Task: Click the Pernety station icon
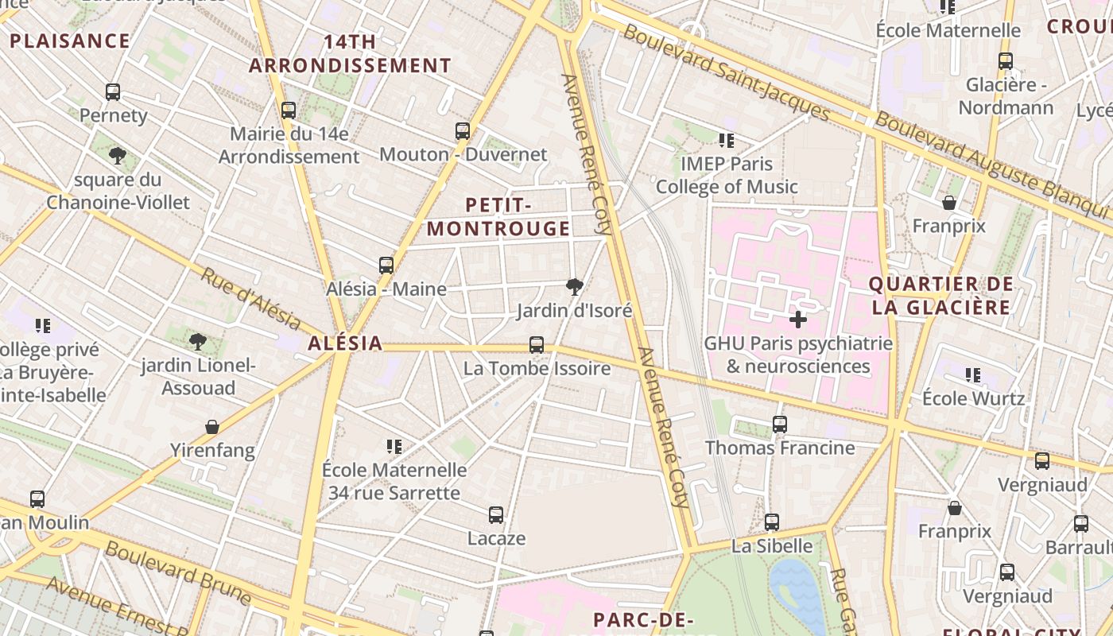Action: point(113,92)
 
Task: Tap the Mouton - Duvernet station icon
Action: point(463,131)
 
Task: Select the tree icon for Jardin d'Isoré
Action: point(574,287)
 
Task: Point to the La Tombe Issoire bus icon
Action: point(537,345)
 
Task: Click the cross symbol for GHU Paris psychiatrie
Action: point(798,320)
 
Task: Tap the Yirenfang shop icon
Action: point(212,428)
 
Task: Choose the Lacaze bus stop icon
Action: point(496,515)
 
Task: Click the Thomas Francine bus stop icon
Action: point(780,425)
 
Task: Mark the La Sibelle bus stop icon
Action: point(772,522)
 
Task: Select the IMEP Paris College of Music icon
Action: point(726,141)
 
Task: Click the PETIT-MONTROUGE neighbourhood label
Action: point(498,217)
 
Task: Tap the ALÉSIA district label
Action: point(345,344)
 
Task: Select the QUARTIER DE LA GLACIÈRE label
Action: point(940,296)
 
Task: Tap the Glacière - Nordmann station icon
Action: point(1006,61)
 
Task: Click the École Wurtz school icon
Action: point(973,374)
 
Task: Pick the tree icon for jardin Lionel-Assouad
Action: point(198,342)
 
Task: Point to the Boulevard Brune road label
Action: point(178,572)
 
